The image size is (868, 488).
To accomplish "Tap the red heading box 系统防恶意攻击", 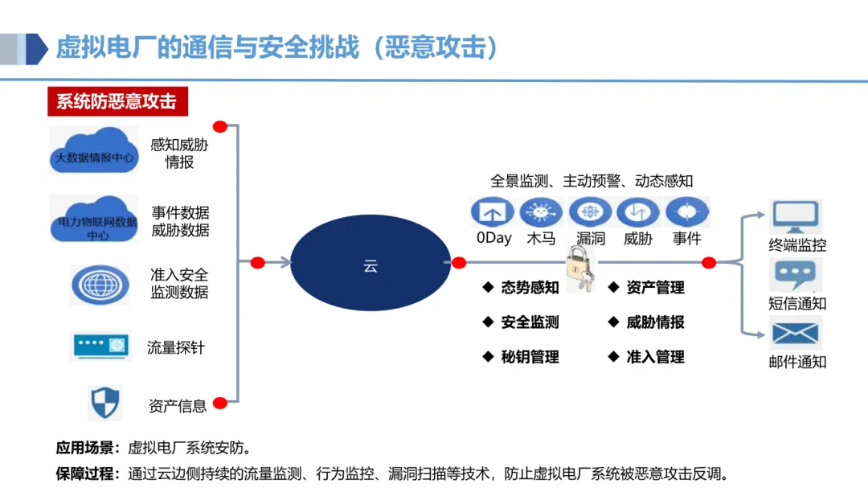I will (117, 102).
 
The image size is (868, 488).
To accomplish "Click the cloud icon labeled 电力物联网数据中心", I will (94, 219).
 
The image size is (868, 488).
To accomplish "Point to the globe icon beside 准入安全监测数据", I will (100, 284).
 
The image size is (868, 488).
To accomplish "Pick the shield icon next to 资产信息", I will (104, 402).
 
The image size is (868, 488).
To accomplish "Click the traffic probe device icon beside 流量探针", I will (100, 346).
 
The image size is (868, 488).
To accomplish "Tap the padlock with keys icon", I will (580, 268).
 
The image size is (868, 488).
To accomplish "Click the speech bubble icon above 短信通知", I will (795, 275).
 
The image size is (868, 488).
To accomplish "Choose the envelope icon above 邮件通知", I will (795, 333).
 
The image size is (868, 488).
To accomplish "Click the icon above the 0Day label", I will (492, 212).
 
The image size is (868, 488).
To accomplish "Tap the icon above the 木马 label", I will (541, 212).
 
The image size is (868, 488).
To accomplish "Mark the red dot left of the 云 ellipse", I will (258, 263).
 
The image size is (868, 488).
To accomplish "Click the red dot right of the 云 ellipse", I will (459, 263).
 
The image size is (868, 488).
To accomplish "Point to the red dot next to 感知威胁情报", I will (219, 127).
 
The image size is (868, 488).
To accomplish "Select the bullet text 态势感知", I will (529, 288).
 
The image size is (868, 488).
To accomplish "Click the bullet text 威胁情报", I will (655, 322).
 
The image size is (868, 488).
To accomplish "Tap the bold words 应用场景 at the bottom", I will (87, 448).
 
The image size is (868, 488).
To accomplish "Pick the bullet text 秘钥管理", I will (529, 357).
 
